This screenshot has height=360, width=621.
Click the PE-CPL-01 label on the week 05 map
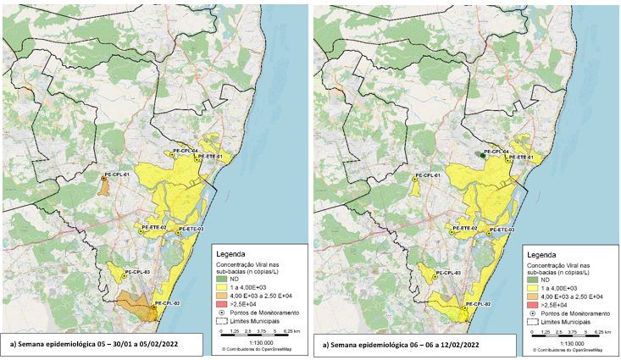[116, 174]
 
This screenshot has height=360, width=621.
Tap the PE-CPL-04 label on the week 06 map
[494, 152]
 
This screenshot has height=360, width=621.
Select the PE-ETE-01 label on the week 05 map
[210, 157]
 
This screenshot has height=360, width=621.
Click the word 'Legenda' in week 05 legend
[235, 253]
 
